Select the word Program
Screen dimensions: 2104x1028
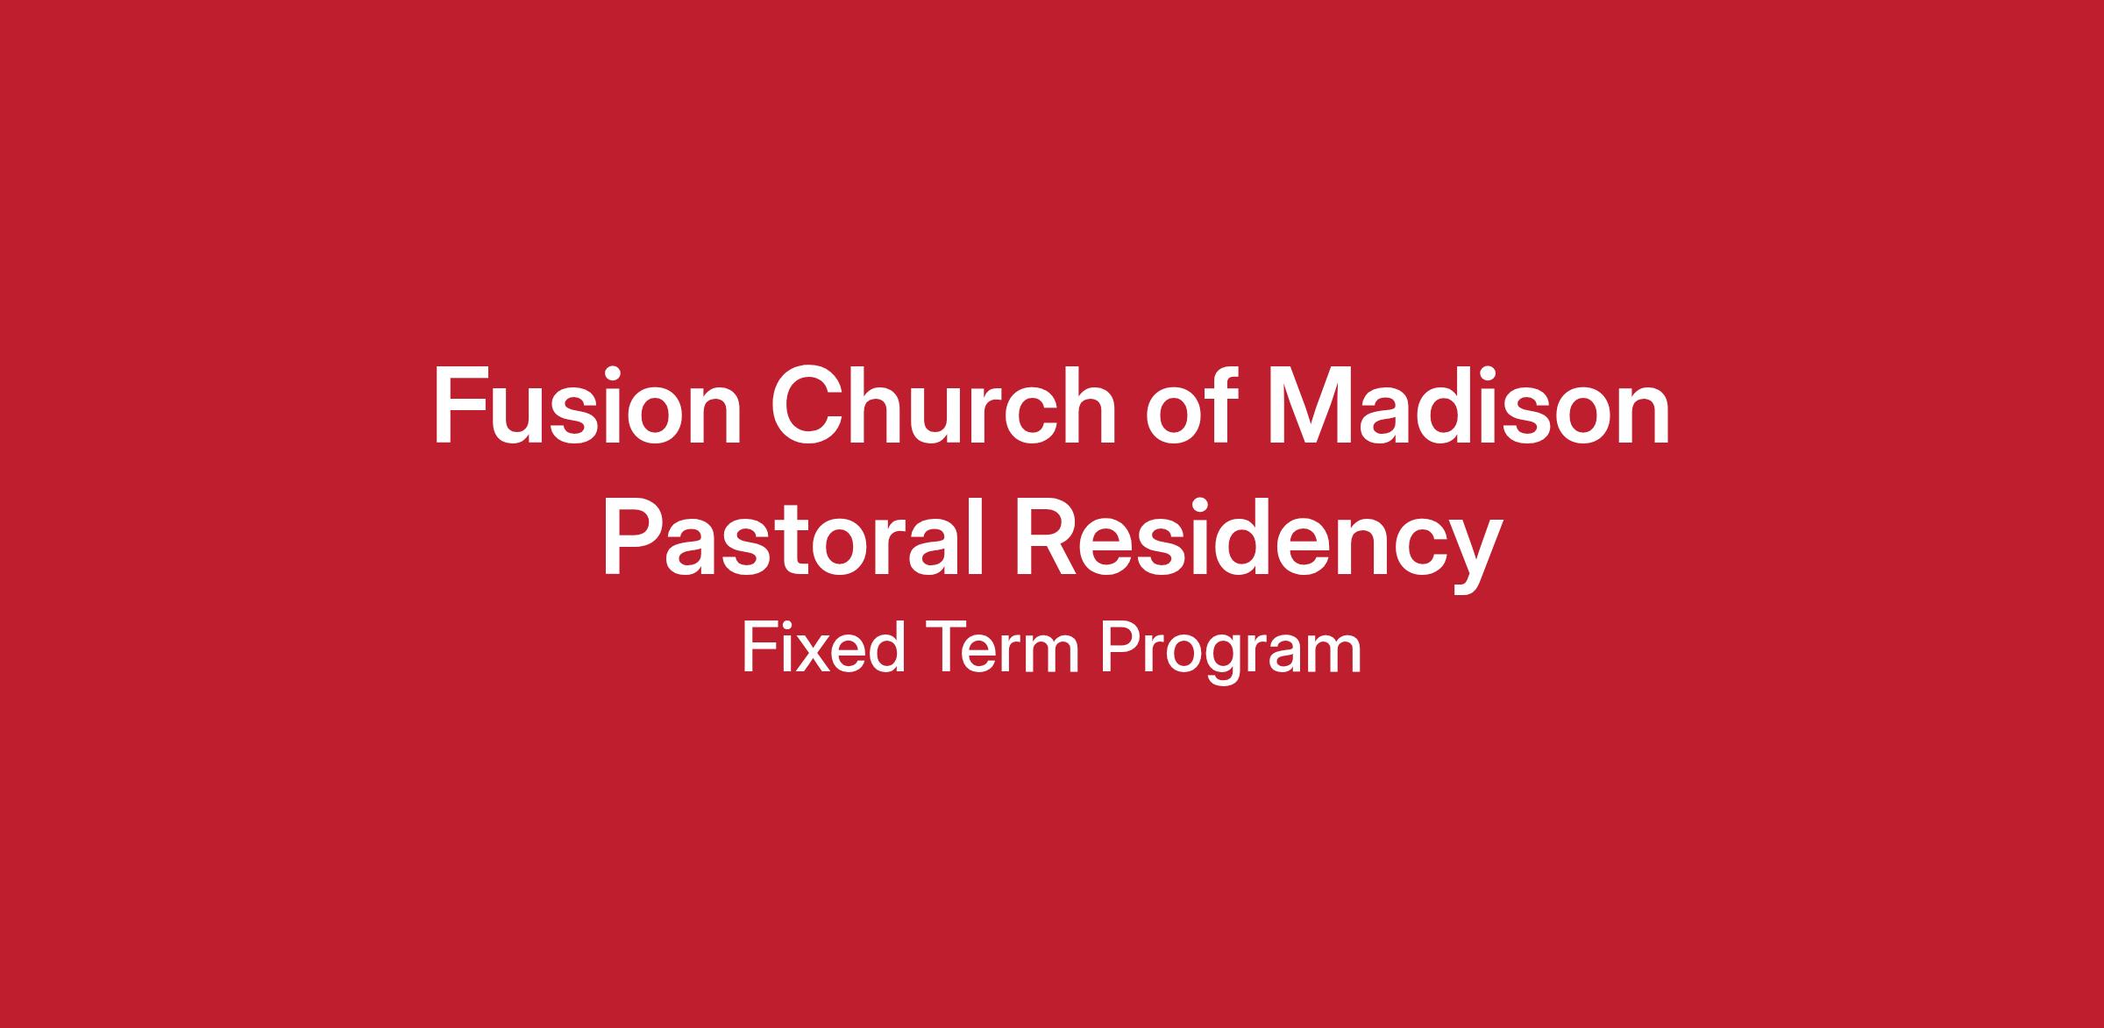[1230, 652]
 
